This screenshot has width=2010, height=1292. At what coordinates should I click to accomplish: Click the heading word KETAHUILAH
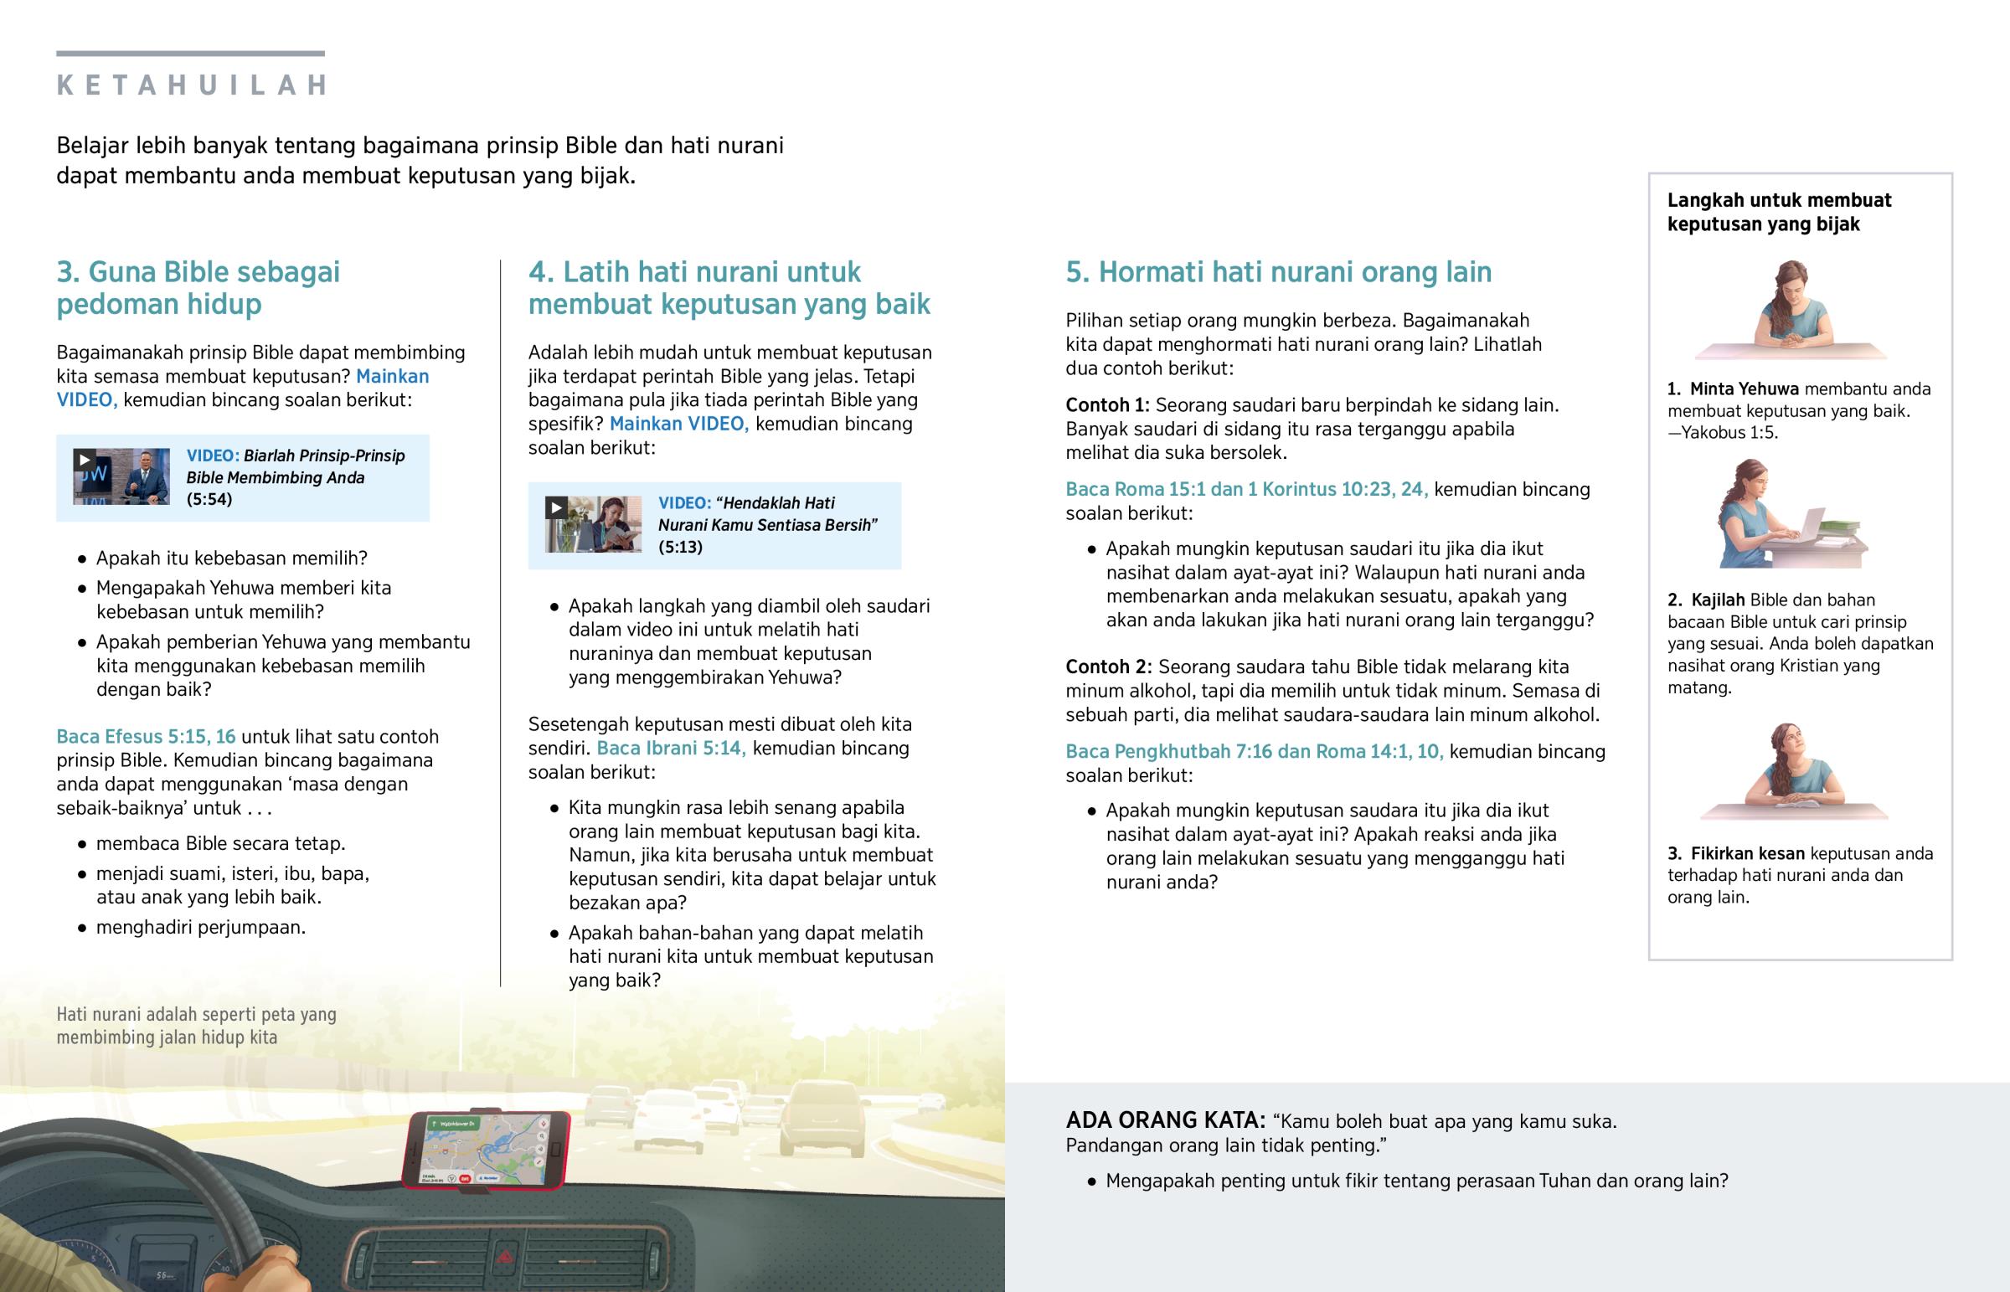[x=192, y=85]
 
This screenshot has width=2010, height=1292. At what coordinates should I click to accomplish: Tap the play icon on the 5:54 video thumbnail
[x=84, y=460]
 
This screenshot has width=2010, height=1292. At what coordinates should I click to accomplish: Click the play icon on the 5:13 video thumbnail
[x=556, y=507]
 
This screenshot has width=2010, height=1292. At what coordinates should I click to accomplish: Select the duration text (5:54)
[x=209, y=499]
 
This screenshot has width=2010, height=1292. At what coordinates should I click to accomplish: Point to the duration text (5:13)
[x=680, y=547]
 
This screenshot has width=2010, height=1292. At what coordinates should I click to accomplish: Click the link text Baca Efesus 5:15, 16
[x=146, y=737]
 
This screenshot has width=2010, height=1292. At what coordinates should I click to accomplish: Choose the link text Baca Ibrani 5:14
[x=671, y=749]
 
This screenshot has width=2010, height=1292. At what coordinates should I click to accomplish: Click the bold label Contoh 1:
[x=1107, y=405]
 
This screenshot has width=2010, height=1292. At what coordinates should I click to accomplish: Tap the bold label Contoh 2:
[x=1108, y=667]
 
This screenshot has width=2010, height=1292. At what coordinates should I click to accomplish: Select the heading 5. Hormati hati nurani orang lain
[x=1279, y=272]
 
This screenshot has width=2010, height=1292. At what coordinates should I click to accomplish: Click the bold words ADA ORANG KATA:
[x=1165, y=1121]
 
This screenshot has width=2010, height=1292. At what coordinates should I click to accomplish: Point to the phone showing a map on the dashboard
[x=487, y=1150]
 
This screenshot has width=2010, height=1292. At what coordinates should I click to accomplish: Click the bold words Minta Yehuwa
[x=1743, y=389]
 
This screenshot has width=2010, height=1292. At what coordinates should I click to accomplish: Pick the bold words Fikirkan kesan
[x=1746, y=854]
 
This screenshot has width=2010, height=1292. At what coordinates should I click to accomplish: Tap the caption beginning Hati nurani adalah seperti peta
[x=196, y=1025]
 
